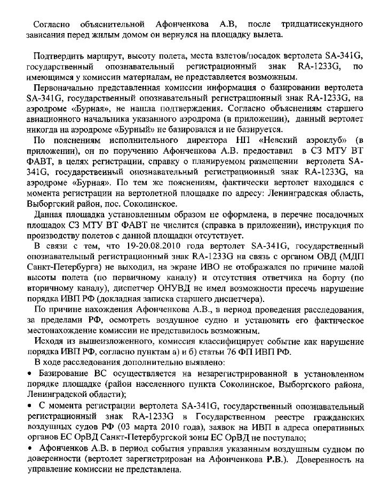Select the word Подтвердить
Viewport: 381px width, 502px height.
(58, 57)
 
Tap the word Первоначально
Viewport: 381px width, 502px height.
(65, 88)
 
